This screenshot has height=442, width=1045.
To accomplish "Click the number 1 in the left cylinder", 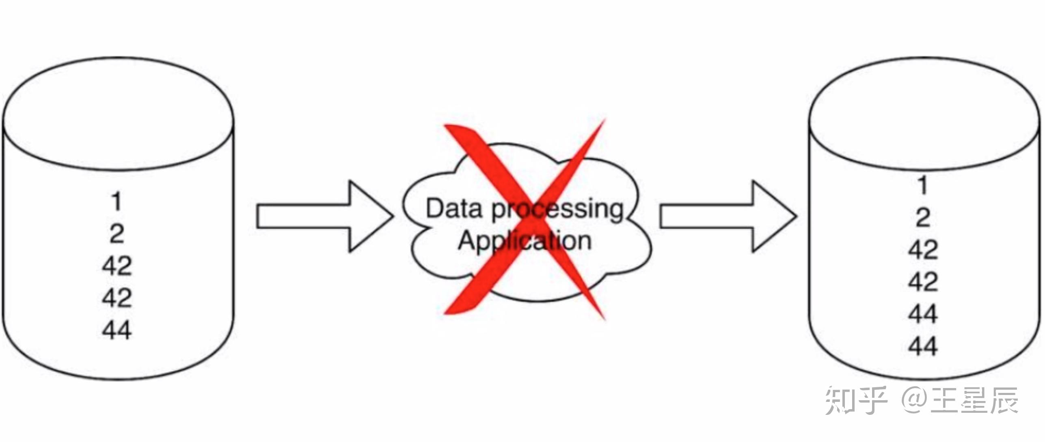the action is pos(117,202).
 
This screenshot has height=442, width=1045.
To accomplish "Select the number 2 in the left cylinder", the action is pos(117,234).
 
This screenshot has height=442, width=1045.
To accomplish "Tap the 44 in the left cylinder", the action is pos(117,330).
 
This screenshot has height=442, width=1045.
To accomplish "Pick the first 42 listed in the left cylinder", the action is pos(117,266).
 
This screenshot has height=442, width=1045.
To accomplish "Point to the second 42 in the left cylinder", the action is pos(117,298).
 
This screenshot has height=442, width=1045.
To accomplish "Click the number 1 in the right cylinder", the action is pos(923,185).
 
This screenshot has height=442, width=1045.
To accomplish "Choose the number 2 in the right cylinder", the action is pos(923,217).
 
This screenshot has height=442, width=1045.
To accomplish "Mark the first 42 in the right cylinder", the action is pos(923,249).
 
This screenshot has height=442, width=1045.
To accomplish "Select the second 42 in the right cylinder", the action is pos(923,281).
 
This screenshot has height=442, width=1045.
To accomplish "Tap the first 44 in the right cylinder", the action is pos(923,314).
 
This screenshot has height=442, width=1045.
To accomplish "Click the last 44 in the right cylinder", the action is pos(923,346).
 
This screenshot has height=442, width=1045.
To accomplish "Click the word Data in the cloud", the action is pos(454,208).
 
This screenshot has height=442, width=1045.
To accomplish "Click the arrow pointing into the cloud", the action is pos(325,217).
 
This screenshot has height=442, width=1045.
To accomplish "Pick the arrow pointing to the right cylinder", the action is pos(728,217).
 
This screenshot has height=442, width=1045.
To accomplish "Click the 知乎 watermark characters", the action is pos(856,401).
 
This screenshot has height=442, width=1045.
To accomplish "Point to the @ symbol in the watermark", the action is pos(915,401).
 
